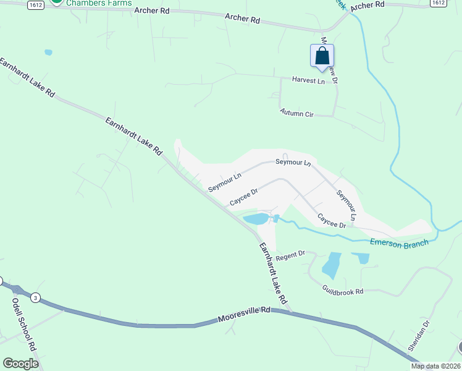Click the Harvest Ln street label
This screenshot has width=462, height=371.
[x=308, y=80]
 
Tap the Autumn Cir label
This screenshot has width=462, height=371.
[x=297, y=113]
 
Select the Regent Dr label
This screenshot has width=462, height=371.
[x=291, y=255]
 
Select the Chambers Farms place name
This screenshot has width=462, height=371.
[x=99, y=3]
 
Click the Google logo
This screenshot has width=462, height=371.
[x=20, y=364]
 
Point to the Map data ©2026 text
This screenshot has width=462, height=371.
[x=435, y=366]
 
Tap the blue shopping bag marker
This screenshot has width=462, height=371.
[x=322, y=56]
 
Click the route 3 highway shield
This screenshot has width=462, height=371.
[x=36, y=298]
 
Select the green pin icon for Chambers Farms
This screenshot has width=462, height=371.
[x=57, y=2]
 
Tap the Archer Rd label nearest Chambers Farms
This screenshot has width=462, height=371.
[x=152, y=11]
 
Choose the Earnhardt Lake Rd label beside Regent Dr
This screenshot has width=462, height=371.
[x=272, y=273]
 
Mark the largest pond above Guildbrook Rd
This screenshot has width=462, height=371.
[x=331, y=265]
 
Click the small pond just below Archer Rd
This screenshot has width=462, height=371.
[x=48, y=53]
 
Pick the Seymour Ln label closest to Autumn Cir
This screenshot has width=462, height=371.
[x=293, y=162]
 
